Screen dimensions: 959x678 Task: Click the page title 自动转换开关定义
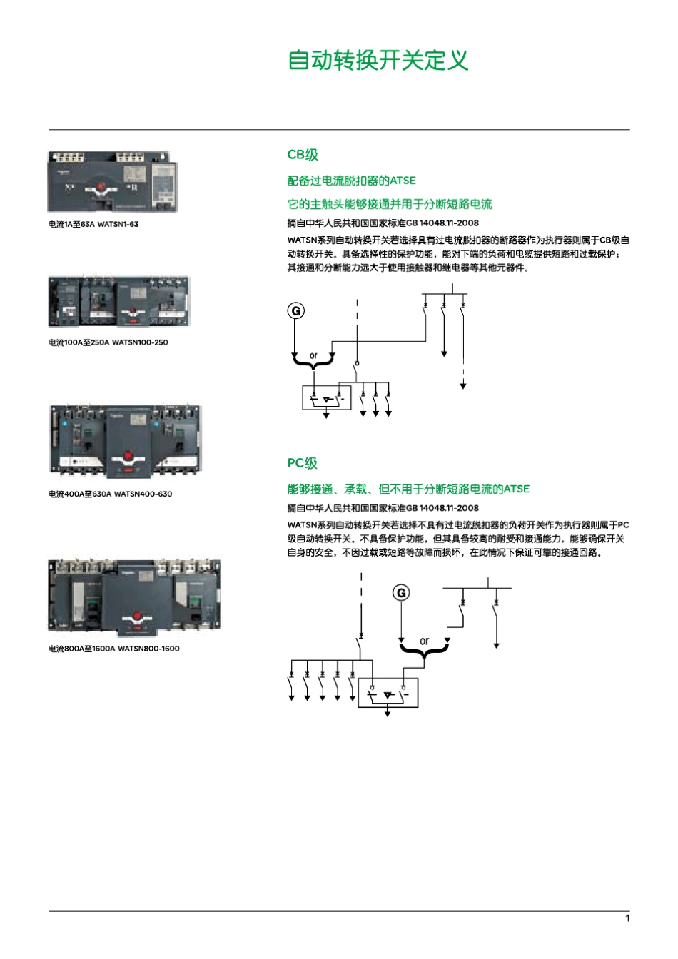[378, 60]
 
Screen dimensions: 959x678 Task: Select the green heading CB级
[303, 155]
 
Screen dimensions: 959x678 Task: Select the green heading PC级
[302, 463]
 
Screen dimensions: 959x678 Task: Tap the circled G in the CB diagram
[295, 310]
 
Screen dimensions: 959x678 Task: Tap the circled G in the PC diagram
[401, 593]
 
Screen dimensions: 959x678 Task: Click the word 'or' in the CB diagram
[313, 355]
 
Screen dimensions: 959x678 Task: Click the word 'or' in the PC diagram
[424, 641]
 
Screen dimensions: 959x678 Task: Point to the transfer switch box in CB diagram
[327, 397]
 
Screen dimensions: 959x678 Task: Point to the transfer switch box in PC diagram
[388, 692]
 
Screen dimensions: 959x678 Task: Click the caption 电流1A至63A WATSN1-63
[93, 224]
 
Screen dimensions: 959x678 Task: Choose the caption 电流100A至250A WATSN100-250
[108, 342]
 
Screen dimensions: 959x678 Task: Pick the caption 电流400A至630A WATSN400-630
[110, 494]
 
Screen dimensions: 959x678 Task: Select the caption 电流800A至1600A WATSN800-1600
[113, 649]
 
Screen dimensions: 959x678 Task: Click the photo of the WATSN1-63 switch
[113, 182]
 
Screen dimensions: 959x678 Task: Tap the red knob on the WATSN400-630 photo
[128, 455]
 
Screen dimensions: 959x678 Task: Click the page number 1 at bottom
[627, 918]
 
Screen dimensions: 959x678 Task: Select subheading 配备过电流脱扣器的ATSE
[351, 181]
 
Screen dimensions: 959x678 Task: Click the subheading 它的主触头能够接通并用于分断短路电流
[390, 204]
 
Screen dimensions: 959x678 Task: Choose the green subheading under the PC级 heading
[408, 489]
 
